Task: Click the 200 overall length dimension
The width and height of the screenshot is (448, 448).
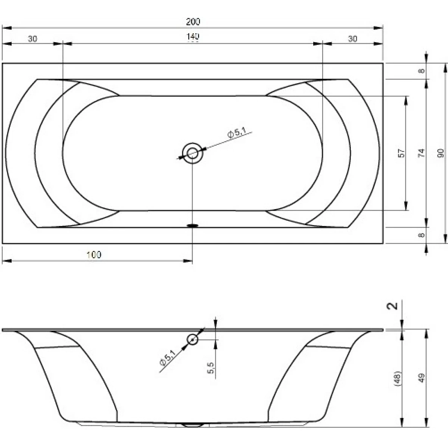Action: point(193,22)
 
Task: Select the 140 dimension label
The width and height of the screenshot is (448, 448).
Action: point(193,37)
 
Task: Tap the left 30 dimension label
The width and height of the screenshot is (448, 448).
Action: point(32,39)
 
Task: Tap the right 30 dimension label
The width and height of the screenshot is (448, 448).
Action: point(352,39)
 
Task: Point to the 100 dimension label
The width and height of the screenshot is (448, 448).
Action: point(94,255)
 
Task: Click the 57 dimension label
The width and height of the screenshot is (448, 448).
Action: point(401,153)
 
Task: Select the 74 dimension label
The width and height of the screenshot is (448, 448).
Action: point(421,153)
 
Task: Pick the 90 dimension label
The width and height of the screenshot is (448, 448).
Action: point(441,153)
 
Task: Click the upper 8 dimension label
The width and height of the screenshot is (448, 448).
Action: point(421,71)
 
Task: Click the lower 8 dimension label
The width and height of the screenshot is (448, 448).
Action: point(421,235)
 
